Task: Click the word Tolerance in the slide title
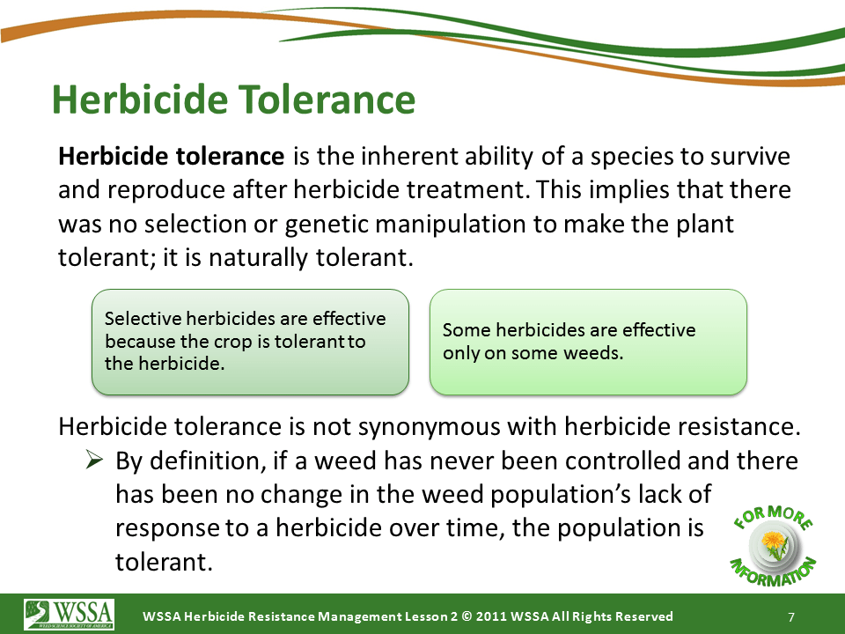(x=327, y=100)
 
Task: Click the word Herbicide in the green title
(x=140, y=100)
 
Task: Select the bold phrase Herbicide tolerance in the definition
(x=172, y=157)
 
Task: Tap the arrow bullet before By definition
(x=94, y=460)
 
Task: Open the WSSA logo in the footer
(x=69, y=614)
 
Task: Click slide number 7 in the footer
(x=791, y=617)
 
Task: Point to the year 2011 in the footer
(x=491, y=616)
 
